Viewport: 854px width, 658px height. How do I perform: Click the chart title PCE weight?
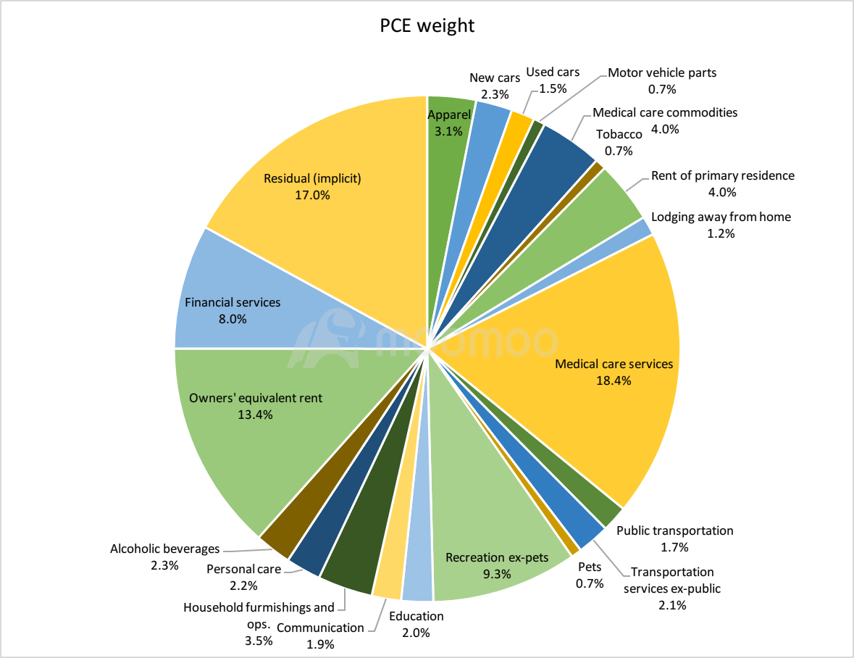click(x=427, y=26)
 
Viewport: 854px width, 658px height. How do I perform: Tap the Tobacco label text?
click(x=619, y=135)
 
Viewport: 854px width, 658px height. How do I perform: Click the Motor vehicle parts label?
click(x=662, y=72)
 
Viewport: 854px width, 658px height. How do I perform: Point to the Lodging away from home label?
click(x=721, y=217)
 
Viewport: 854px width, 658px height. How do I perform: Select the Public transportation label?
click(x=674, y=530)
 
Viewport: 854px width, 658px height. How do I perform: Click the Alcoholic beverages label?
click(x=164, y=549)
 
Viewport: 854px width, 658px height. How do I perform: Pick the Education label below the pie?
click(x=416, y=616)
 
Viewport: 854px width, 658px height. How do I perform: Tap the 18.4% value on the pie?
click(x=614, y=380)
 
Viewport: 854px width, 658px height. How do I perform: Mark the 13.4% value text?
click(x=255, y=415)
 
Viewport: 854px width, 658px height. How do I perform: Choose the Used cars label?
click(x=553, y=72)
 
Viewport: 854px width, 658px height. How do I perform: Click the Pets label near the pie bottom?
click(x=590, y=567)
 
